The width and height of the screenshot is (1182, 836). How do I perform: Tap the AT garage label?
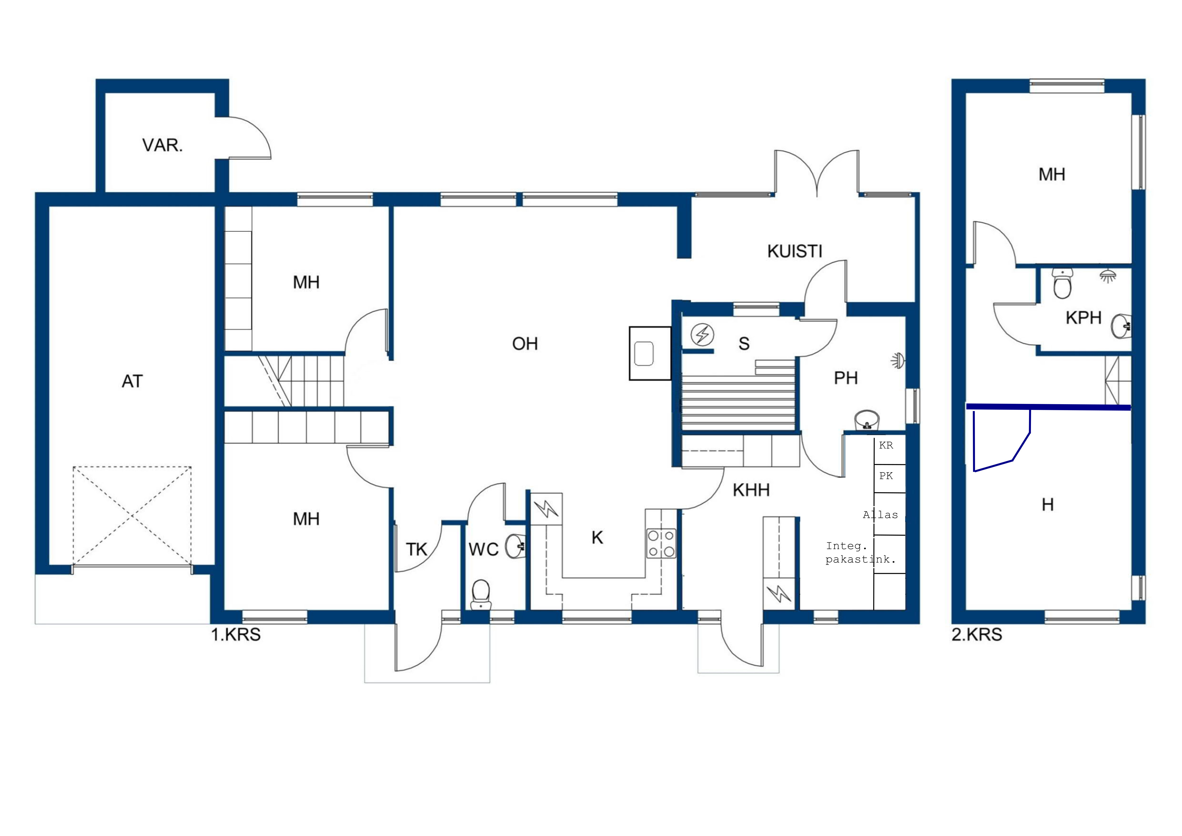(x=132, y=382)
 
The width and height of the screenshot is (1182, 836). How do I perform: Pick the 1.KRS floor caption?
(x=236, y=635)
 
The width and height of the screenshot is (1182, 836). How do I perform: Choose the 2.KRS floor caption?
(x=977, y=635)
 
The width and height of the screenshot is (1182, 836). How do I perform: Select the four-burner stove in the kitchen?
(x=661, y=543)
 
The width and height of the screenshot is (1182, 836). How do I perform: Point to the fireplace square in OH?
(x=650, y=354)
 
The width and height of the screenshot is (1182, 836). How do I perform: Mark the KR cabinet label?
(x=886, y=445)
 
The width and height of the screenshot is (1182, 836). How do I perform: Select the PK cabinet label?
(x=886, y=476)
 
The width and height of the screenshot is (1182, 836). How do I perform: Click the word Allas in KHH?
(x=880, y=515)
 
